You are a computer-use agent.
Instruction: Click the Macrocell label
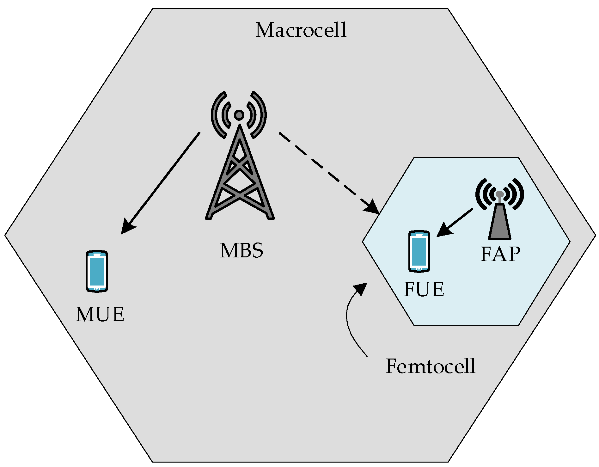point(301,30)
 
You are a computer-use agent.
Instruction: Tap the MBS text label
point(241,251)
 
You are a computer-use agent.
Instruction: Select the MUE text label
point(100,314)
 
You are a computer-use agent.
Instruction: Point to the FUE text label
point(424,289)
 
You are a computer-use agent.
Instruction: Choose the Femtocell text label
point(431,366)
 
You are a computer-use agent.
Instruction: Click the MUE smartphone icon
point(97,271)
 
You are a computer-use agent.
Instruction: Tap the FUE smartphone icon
point(419,251)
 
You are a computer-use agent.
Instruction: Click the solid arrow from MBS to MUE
point(161,182)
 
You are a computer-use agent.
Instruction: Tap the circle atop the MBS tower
point(239,115)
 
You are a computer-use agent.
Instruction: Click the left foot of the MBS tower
point(209,217)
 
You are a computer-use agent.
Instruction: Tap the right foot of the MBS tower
point(271,217)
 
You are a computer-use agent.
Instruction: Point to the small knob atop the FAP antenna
point(499,194)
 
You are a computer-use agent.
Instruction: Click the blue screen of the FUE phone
point(419,252)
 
